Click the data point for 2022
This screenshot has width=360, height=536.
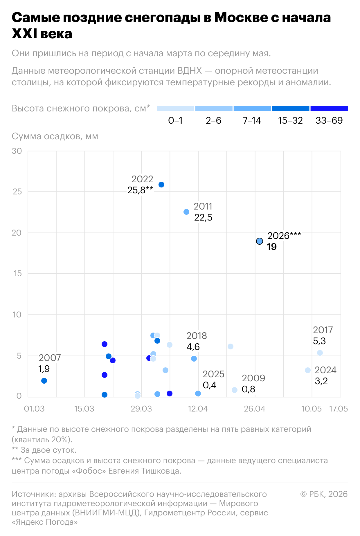[161, 185]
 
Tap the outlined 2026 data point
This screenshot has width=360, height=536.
[260, 241]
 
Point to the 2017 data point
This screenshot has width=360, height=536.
[320, 353]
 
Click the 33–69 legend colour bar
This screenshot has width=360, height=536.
[329, 109]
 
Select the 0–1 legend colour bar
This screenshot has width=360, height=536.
[175, 109]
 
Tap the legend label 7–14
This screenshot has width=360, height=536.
[252, 120]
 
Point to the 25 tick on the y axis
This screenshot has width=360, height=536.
[17, 192]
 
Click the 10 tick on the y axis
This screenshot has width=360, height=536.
[17, 315]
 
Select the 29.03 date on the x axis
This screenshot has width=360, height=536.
[141, 409]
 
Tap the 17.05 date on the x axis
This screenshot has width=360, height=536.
[338, 409]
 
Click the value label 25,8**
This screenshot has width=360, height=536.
[140, 190]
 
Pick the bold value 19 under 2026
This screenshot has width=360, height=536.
[272, 247]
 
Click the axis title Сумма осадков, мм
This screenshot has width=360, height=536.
[55, 136]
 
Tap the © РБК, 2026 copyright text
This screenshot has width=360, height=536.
[324, 494]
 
